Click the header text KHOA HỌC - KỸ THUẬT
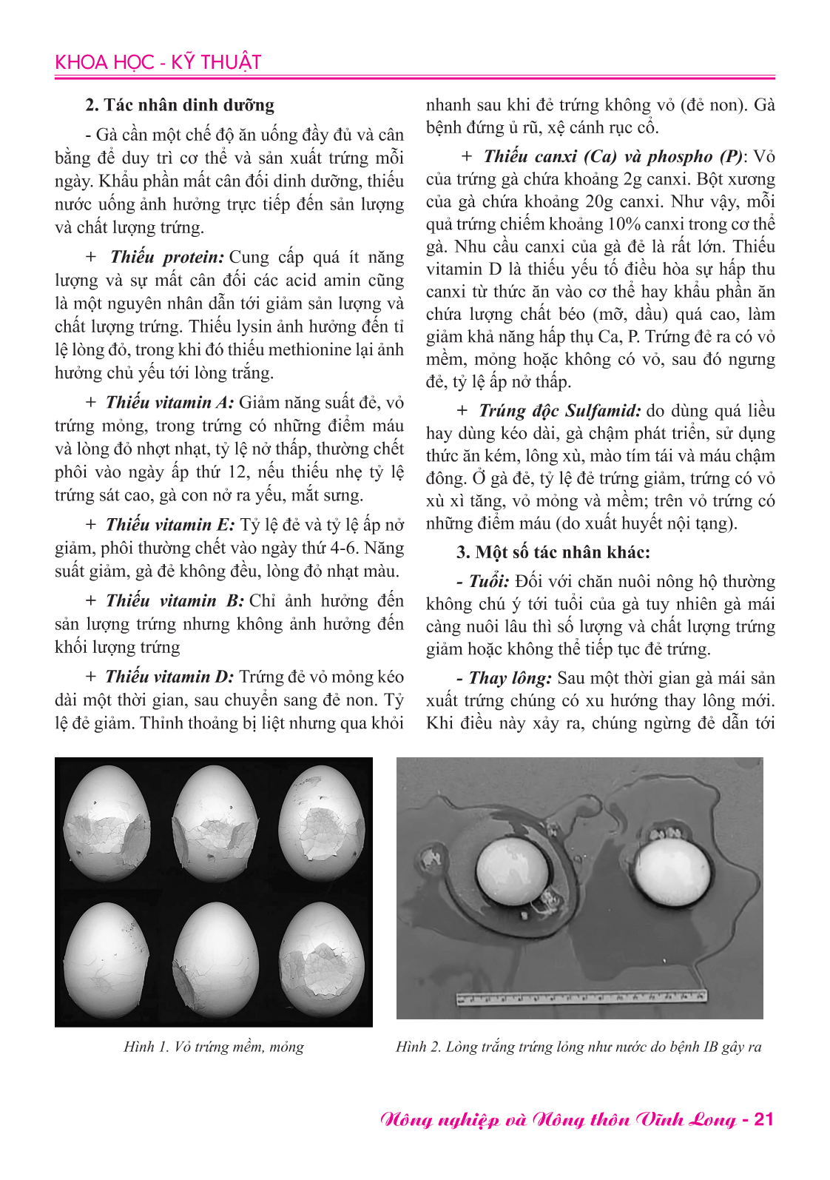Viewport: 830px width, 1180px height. pos(158,62)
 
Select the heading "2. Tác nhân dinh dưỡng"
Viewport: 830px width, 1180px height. pos(180,105)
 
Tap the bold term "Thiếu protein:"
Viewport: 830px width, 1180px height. pos(166,258)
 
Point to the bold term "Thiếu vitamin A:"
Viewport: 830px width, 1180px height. pos(169,403)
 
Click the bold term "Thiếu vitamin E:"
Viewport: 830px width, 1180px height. pos(170,525)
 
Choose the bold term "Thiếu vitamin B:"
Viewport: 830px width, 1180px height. pos(175,601)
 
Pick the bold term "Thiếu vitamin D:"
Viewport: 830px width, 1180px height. pos(169,677)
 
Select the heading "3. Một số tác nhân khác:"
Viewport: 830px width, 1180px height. pos(553,552)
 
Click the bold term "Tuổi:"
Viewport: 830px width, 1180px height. pos(489,582)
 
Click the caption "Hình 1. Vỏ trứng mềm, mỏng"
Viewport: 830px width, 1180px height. pos(214,1047)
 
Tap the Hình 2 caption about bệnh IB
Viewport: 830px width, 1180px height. pos(578,1047)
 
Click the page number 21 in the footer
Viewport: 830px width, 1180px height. pos(763,1119)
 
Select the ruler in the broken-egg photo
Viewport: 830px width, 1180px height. pos(581,998)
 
